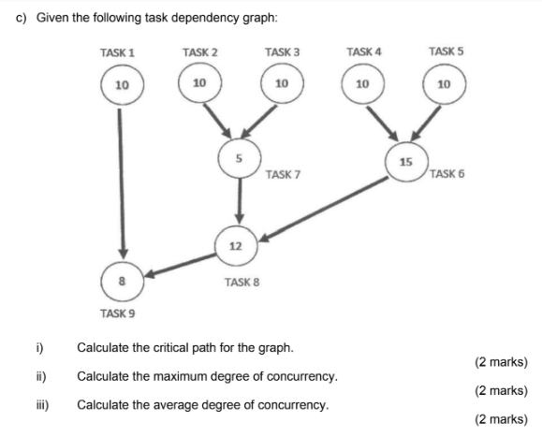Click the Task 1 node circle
coord(121,85)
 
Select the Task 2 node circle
coord(198,83)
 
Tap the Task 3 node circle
coord(280,84)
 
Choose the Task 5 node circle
coord(444,84)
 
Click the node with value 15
coord(405,162)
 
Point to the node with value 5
coord(240,158)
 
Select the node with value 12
coord(235,245)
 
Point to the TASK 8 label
coord(242,281)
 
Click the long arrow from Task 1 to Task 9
coord(121,178)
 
